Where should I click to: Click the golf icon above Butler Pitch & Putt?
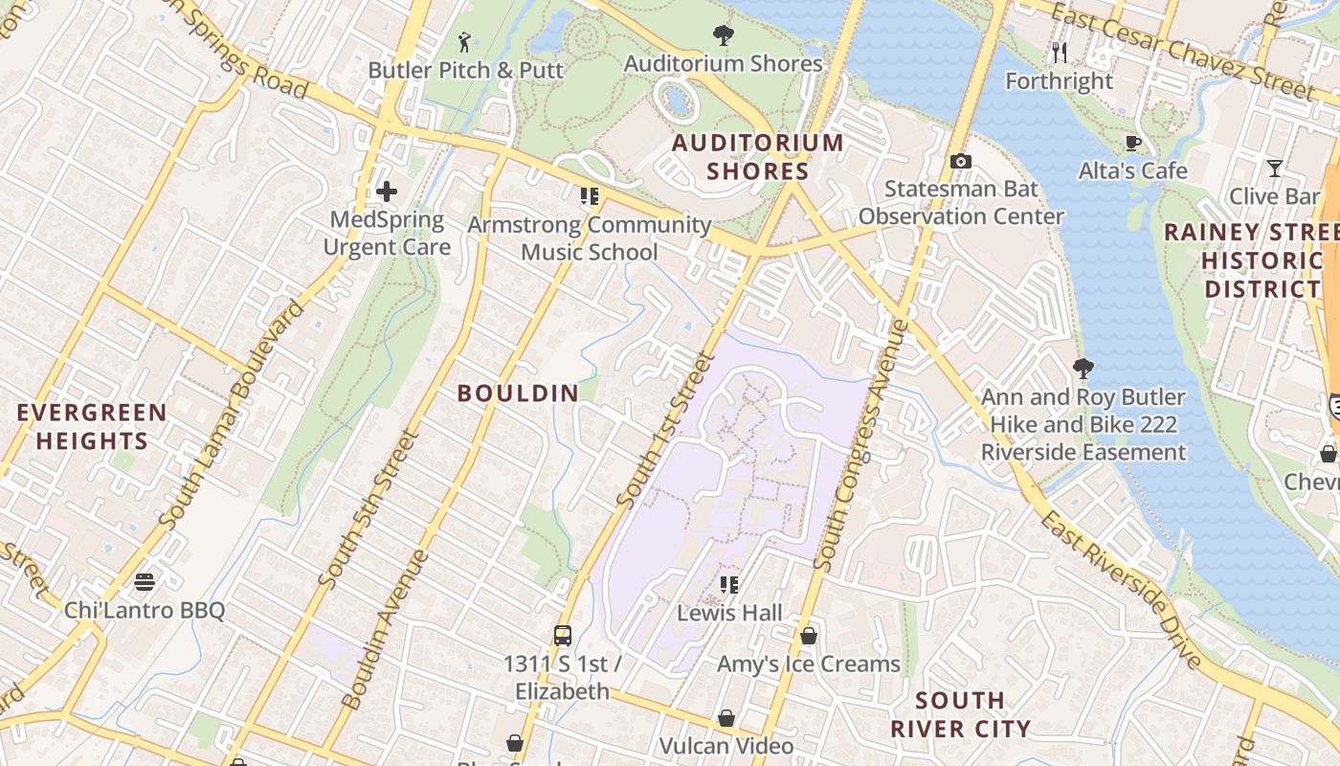465,42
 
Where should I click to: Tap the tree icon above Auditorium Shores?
724,36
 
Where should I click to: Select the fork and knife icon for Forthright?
1060,52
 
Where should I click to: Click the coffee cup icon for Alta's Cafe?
1133,144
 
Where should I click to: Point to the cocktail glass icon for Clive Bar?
1275,169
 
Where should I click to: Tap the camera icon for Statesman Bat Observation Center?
961,161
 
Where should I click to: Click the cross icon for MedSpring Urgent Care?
387,191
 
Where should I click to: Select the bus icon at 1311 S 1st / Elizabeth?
563,635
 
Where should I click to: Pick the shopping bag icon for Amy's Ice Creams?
809,635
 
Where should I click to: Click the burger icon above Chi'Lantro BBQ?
145,582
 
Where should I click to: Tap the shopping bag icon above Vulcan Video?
726,718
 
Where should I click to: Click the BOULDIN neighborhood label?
518,393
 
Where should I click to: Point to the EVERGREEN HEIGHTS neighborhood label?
92,427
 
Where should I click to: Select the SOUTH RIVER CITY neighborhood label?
960,714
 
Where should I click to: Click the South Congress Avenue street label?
860,446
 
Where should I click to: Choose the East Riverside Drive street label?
1120,590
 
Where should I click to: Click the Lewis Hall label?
729,613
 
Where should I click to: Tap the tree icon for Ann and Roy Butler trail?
1083,368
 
